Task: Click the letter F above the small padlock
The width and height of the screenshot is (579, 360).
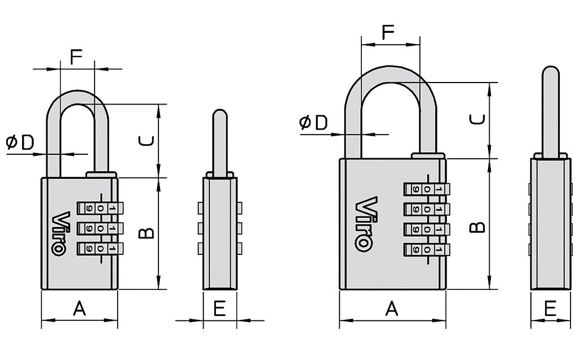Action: pos(76,57)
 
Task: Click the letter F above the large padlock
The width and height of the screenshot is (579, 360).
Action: pos(388,32)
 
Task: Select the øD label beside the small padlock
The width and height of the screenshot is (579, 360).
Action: pos(20,144)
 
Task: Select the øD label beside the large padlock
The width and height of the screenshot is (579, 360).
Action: pos(314,123)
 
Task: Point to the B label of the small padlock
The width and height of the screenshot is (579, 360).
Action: pos(145,233)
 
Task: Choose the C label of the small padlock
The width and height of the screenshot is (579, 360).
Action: pos(145,141)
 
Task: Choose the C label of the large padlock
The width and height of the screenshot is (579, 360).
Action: pos(478,120)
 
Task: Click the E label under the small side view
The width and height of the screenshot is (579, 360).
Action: pos(220,309)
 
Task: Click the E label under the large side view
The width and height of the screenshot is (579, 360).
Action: pos(550,309)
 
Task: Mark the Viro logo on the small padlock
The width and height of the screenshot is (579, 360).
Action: pos(61,233)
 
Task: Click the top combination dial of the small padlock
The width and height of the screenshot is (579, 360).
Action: pos(99,209)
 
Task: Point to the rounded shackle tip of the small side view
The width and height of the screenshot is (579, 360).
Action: pos(219,115)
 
